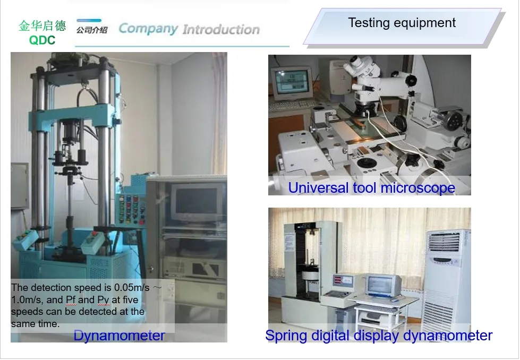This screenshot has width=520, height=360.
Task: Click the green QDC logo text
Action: pyautogui.click(x=42, y=40)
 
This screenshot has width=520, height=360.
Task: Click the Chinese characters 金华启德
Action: pyautogui.click(x=42, y=26)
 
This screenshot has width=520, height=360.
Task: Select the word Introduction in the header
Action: pyautogui.click(x=221, y=29)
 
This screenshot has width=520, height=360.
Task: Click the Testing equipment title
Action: pyautogui.click(x=402, y=23)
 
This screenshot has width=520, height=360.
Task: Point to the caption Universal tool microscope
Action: pyautogui.click(x=371, y=187)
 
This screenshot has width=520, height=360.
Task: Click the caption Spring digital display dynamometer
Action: pyautogui.click(x=379, y=335)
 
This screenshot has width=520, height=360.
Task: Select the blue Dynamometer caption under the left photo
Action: pyautogui.click(x=119, y=336)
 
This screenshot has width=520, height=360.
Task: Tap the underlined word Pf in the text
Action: pyautogui.click(x=71, y=300)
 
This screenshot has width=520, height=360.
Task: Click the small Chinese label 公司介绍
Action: pyautogui.click(x=92, y=30)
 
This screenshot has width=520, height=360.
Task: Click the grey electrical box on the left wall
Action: pyautogui.click(x=19, y=185)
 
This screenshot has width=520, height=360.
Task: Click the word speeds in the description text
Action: pyautogui.click(x=24, y=312)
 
